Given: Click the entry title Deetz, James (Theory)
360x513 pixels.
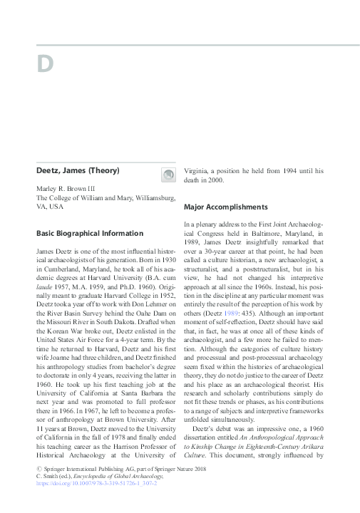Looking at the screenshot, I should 78,170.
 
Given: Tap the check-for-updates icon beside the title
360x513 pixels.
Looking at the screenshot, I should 168,175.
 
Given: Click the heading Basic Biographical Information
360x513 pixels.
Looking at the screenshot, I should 90,233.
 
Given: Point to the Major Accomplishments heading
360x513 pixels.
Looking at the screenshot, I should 225,207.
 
